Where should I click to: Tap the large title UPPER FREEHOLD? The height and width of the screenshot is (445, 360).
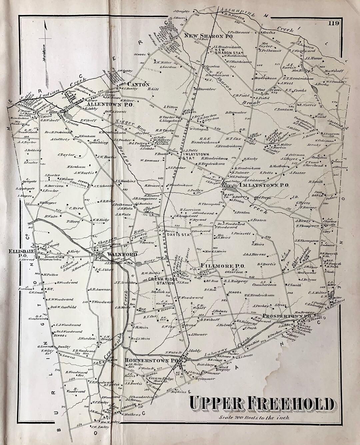point(262,404)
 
